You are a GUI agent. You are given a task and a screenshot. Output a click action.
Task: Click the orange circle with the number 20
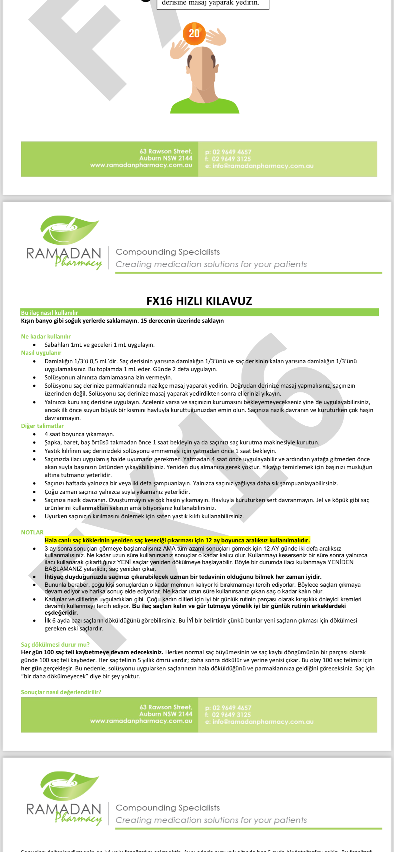tap(194, 33)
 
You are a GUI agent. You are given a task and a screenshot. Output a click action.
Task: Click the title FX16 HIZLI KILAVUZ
tap(199, 301)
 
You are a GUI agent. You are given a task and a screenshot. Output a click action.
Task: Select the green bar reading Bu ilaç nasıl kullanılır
tap(50, 313)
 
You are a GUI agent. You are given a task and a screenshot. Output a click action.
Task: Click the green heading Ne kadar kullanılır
tap(46, 336)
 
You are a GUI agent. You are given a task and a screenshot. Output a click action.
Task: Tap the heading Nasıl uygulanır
tap(41, 352)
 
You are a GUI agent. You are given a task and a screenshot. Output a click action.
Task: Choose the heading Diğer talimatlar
tap(42, 426)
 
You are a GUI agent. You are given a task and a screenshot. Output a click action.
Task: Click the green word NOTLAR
tap(32, 532)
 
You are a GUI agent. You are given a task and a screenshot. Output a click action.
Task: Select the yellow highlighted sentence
tap(177, 540)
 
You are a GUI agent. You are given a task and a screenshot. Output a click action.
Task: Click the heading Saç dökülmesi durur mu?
tap(55, 644)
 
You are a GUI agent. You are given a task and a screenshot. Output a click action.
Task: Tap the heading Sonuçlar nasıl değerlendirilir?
tap(61, 692)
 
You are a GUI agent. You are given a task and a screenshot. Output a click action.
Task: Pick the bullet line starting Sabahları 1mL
tap(99, 345)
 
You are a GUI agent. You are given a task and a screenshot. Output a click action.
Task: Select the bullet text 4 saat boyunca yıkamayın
tap(79, 434)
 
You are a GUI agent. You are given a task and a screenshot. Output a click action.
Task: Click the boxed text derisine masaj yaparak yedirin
tap(211, 3)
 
